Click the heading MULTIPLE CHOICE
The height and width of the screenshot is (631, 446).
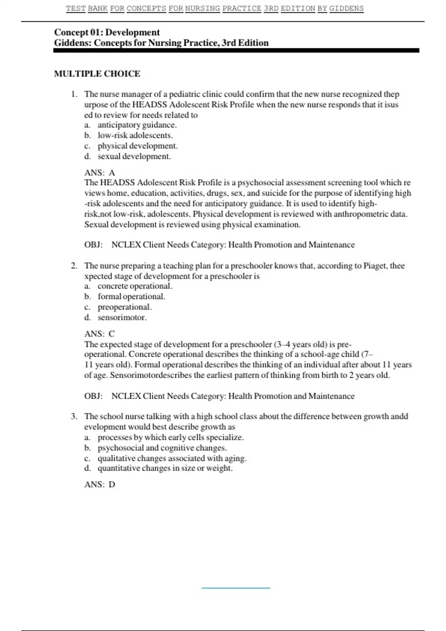[x=97, y=73]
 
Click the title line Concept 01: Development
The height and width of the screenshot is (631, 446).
[x=107, y=32]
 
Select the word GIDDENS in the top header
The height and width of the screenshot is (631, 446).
[x=346, y=8]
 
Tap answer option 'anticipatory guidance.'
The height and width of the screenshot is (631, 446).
[x=137, y=125]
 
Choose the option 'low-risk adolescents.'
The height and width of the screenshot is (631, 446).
[x=135, y=135]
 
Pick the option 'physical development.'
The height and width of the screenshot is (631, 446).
[x=138, y=146]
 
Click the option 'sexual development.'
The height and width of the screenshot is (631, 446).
[x=134, y=156]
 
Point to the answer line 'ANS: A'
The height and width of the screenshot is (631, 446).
[x=100, y=173]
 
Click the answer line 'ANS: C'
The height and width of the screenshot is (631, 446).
[x=100, y=334]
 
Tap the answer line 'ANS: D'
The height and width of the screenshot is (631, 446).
[x=100, y=484]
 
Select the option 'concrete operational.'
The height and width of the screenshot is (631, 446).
[x=135, y=286]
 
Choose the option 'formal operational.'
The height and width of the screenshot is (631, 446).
[x=131, y=297]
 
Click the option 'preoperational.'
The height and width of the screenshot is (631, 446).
[x=125, y=307]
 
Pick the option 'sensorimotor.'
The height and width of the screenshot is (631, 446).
[x=122, y=317]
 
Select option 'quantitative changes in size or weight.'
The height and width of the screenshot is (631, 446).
[x=165, y=468]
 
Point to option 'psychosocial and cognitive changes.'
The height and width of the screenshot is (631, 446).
[x=162, y=448]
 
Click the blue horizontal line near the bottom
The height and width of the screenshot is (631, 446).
[x=236, y=588]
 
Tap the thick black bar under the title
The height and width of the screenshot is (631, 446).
[x=236, y=50]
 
